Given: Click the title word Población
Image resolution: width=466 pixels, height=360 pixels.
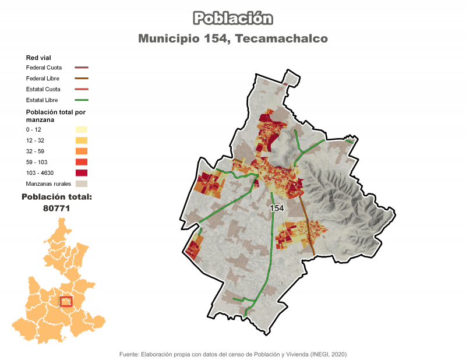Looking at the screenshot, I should click(233, 19).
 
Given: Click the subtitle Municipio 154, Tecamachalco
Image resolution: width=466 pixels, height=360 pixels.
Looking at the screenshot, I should click(233, 38).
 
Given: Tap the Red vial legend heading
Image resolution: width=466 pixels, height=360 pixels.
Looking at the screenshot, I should click(38, 58).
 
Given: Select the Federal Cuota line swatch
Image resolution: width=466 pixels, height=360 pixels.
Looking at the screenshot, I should click(82, 68).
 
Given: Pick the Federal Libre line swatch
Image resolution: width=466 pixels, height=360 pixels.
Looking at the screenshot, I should click(82, 79).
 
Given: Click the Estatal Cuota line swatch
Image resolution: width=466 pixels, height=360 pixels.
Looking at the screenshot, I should click(82, 89).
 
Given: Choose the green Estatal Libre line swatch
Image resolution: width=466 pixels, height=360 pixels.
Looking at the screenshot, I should click(82, 100).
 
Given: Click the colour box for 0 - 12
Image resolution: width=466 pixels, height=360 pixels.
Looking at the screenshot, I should click(82, 129).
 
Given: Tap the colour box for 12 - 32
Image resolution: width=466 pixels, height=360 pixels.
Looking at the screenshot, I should click(82, 140).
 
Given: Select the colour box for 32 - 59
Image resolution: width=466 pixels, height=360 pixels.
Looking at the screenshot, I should click(82, 151).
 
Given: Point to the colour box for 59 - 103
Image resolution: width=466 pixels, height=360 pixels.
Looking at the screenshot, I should click(82, 162).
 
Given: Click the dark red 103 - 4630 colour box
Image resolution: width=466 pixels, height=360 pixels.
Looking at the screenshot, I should click(82, 173).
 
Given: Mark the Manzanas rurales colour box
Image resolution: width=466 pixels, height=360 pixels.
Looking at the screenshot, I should click(82, 183).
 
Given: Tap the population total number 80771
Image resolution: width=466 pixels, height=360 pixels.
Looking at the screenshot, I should click(57, 208).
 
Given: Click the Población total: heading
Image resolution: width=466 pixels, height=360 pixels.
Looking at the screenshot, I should click(57, 197).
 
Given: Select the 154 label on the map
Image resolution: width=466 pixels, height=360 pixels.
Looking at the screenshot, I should click(277, 208).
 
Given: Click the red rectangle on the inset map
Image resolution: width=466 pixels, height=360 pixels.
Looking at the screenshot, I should click(66, 301).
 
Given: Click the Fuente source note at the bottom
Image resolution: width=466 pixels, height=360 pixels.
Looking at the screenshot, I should click(233, 354).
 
